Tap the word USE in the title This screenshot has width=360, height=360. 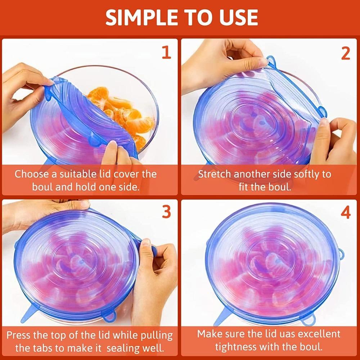[235, 17]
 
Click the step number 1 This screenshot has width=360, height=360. [166, 53]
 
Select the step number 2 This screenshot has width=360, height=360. [345, 53]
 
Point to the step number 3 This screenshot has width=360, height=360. [166, 212]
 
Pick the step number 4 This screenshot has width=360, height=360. [345, 213]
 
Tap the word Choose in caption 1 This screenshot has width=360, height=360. [31, 174]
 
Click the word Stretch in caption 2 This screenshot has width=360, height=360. [215, 174]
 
